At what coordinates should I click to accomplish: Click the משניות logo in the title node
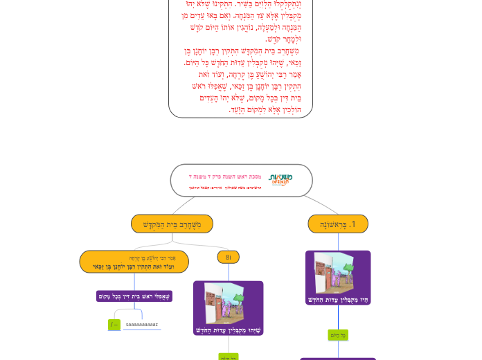click(280, 180)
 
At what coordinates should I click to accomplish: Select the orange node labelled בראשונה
click(338, 224)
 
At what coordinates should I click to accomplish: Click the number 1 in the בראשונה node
click(352, 224)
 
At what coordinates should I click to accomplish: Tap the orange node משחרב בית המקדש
click(172, 224)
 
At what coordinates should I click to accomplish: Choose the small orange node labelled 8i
click(229, 258)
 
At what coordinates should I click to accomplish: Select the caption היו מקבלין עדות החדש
click(338, 299)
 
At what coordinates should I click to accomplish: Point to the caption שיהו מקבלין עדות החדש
click(229, 330)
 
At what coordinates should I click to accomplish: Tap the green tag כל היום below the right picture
click(338, 335)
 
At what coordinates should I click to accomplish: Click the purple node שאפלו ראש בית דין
click(134, 296)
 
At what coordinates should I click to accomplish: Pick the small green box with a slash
click(114, 325)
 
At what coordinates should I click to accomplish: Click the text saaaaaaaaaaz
click(142, 325)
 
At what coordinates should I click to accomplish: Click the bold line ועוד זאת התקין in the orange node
click(134, 267)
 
